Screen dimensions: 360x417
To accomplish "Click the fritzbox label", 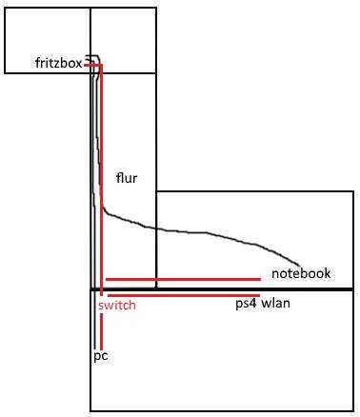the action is pyautogui.click(x=59, y=63).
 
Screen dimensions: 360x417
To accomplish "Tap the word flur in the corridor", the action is pyautogui.click(x=127, y=178).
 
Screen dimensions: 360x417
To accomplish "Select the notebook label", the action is pyautogui.click(x=301, y=273).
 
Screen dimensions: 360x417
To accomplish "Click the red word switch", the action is pyautogui.click(x=117, y=306).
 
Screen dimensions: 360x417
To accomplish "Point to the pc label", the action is pyautogui.click(x=101, y=356).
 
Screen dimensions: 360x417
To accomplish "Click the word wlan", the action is pyautogui.click(x=276, y=303).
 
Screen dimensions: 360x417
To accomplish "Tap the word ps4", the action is pyautogui.click(x=246, y=304).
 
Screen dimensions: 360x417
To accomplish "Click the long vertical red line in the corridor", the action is pyautogui.click(x=101, y=180).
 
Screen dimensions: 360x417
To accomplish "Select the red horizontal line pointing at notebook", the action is pyautogui.click(x=183, y=279).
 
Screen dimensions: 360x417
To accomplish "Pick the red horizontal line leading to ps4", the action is pyautogui.click(x=184, y=295).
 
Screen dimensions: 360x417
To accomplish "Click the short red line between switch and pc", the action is pyautogui.click(x=101, y=331).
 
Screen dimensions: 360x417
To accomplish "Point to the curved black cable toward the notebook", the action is pyautogui.click(x=190, y=231).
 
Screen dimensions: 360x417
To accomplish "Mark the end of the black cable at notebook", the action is pyautogui.click(x=299, y=266).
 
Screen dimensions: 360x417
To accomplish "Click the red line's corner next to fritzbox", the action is pyautogui.click(x=101, y=66).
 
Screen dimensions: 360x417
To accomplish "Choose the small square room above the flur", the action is pyautogui.click(x=124, y=40).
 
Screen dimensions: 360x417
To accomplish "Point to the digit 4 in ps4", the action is pyautogui.click(x=252, y=303).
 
